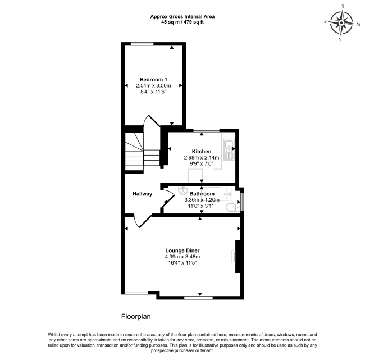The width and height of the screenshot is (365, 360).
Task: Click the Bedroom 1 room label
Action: [x=153, y=79]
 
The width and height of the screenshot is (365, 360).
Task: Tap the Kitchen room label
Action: [x=202, y=152]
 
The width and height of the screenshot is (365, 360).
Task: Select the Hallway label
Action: [x=142, y=194]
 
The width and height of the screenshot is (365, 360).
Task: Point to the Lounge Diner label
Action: [x=182, y=250]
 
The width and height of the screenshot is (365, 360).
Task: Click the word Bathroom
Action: [x=202, y=194]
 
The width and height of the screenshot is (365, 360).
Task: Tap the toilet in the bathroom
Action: [x=231, y=208]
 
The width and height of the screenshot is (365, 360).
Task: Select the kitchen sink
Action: [x=229, y=147]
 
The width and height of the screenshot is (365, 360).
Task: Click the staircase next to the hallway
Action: [x=135, y=152]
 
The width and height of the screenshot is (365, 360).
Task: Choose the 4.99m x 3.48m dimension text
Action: [x=182, y=257]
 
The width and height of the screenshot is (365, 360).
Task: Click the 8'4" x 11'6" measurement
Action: [x=153, y=92]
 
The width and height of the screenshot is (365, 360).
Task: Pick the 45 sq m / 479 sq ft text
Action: [x=182, y=22]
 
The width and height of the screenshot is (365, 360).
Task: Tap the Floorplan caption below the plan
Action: [x=136, y=316]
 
